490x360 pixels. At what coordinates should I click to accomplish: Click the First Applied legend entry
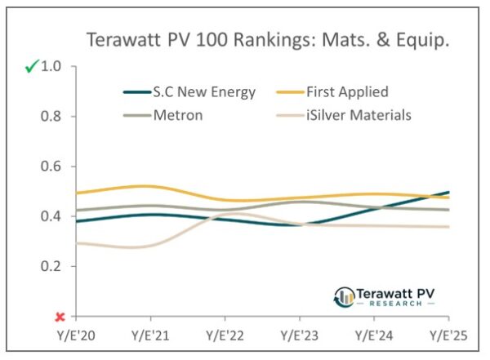click(348, 91)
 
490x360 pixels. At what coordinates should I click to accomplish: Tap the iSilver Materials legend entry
click(363, 115)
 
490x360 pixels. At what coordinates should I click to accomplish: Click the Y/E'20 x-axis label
click(76, 336)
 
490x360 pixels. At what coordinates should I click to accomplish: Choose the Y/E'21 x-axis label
click(150, 336)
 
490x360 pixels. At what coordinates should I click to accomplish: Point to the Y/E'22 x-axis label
click(225, 336)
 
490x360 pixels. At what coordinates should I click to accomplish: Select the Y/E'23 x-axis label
click(299, 336)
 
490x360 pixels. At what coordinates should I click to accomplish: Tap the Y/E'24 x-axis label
click(373, 336)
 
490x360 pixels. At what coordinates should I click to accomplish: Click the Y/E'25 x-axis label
click(448, 336)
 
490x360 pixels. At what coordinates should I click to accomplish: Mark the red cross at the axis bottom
click(60, 317)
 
